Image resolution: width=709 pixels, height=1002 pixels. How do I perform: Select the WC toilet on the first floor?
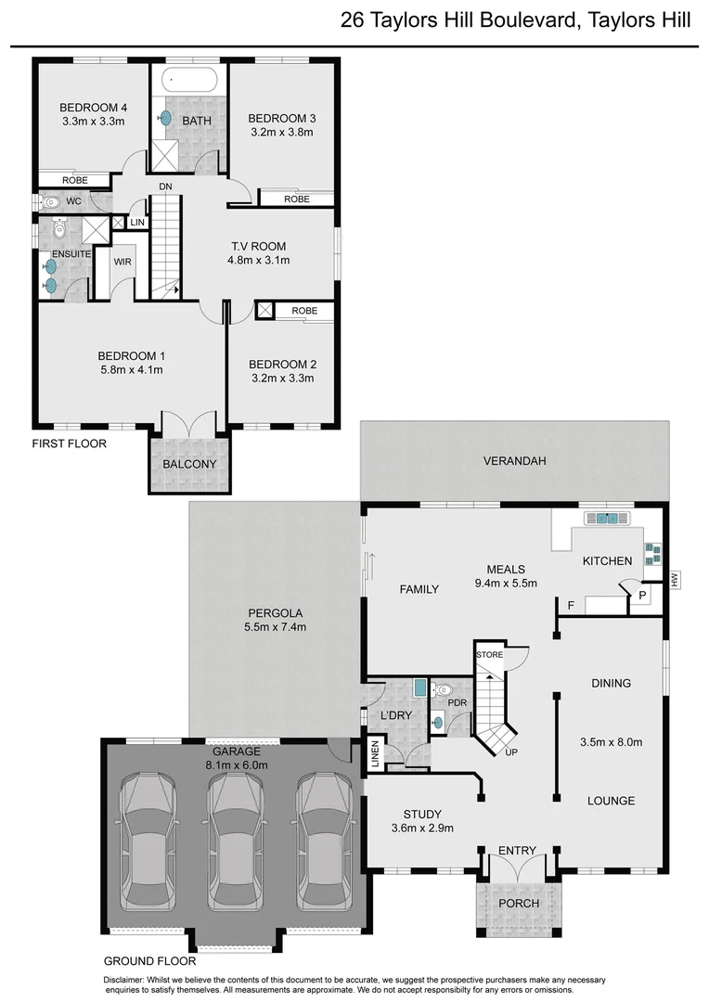(51, 200)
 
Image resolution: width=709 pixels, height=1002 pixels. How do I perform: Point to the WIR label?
(122, 263)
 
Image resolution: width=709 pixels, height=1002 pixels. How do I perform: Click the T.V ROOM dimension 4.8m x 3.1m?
(259, 261)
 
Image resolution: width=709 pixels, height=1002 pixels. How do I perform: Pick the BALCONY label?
(189, 464)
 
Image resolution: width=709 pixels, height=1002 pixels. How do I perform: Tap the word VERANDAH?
(513, 460)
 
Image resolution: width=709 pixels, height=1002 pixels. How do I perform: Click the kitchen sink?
(607, 519)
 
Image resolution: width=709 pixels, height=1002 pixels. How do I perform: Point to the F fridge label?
(570, 606)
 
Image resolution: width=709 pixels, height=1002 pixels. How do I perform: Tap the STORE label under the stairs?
(490, 655)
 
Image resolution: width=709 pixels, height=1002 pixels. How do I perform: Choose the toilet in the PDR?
(443, 689)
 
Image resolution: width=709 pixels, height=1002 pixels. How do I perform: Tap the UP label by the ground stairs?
(511, 751)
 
